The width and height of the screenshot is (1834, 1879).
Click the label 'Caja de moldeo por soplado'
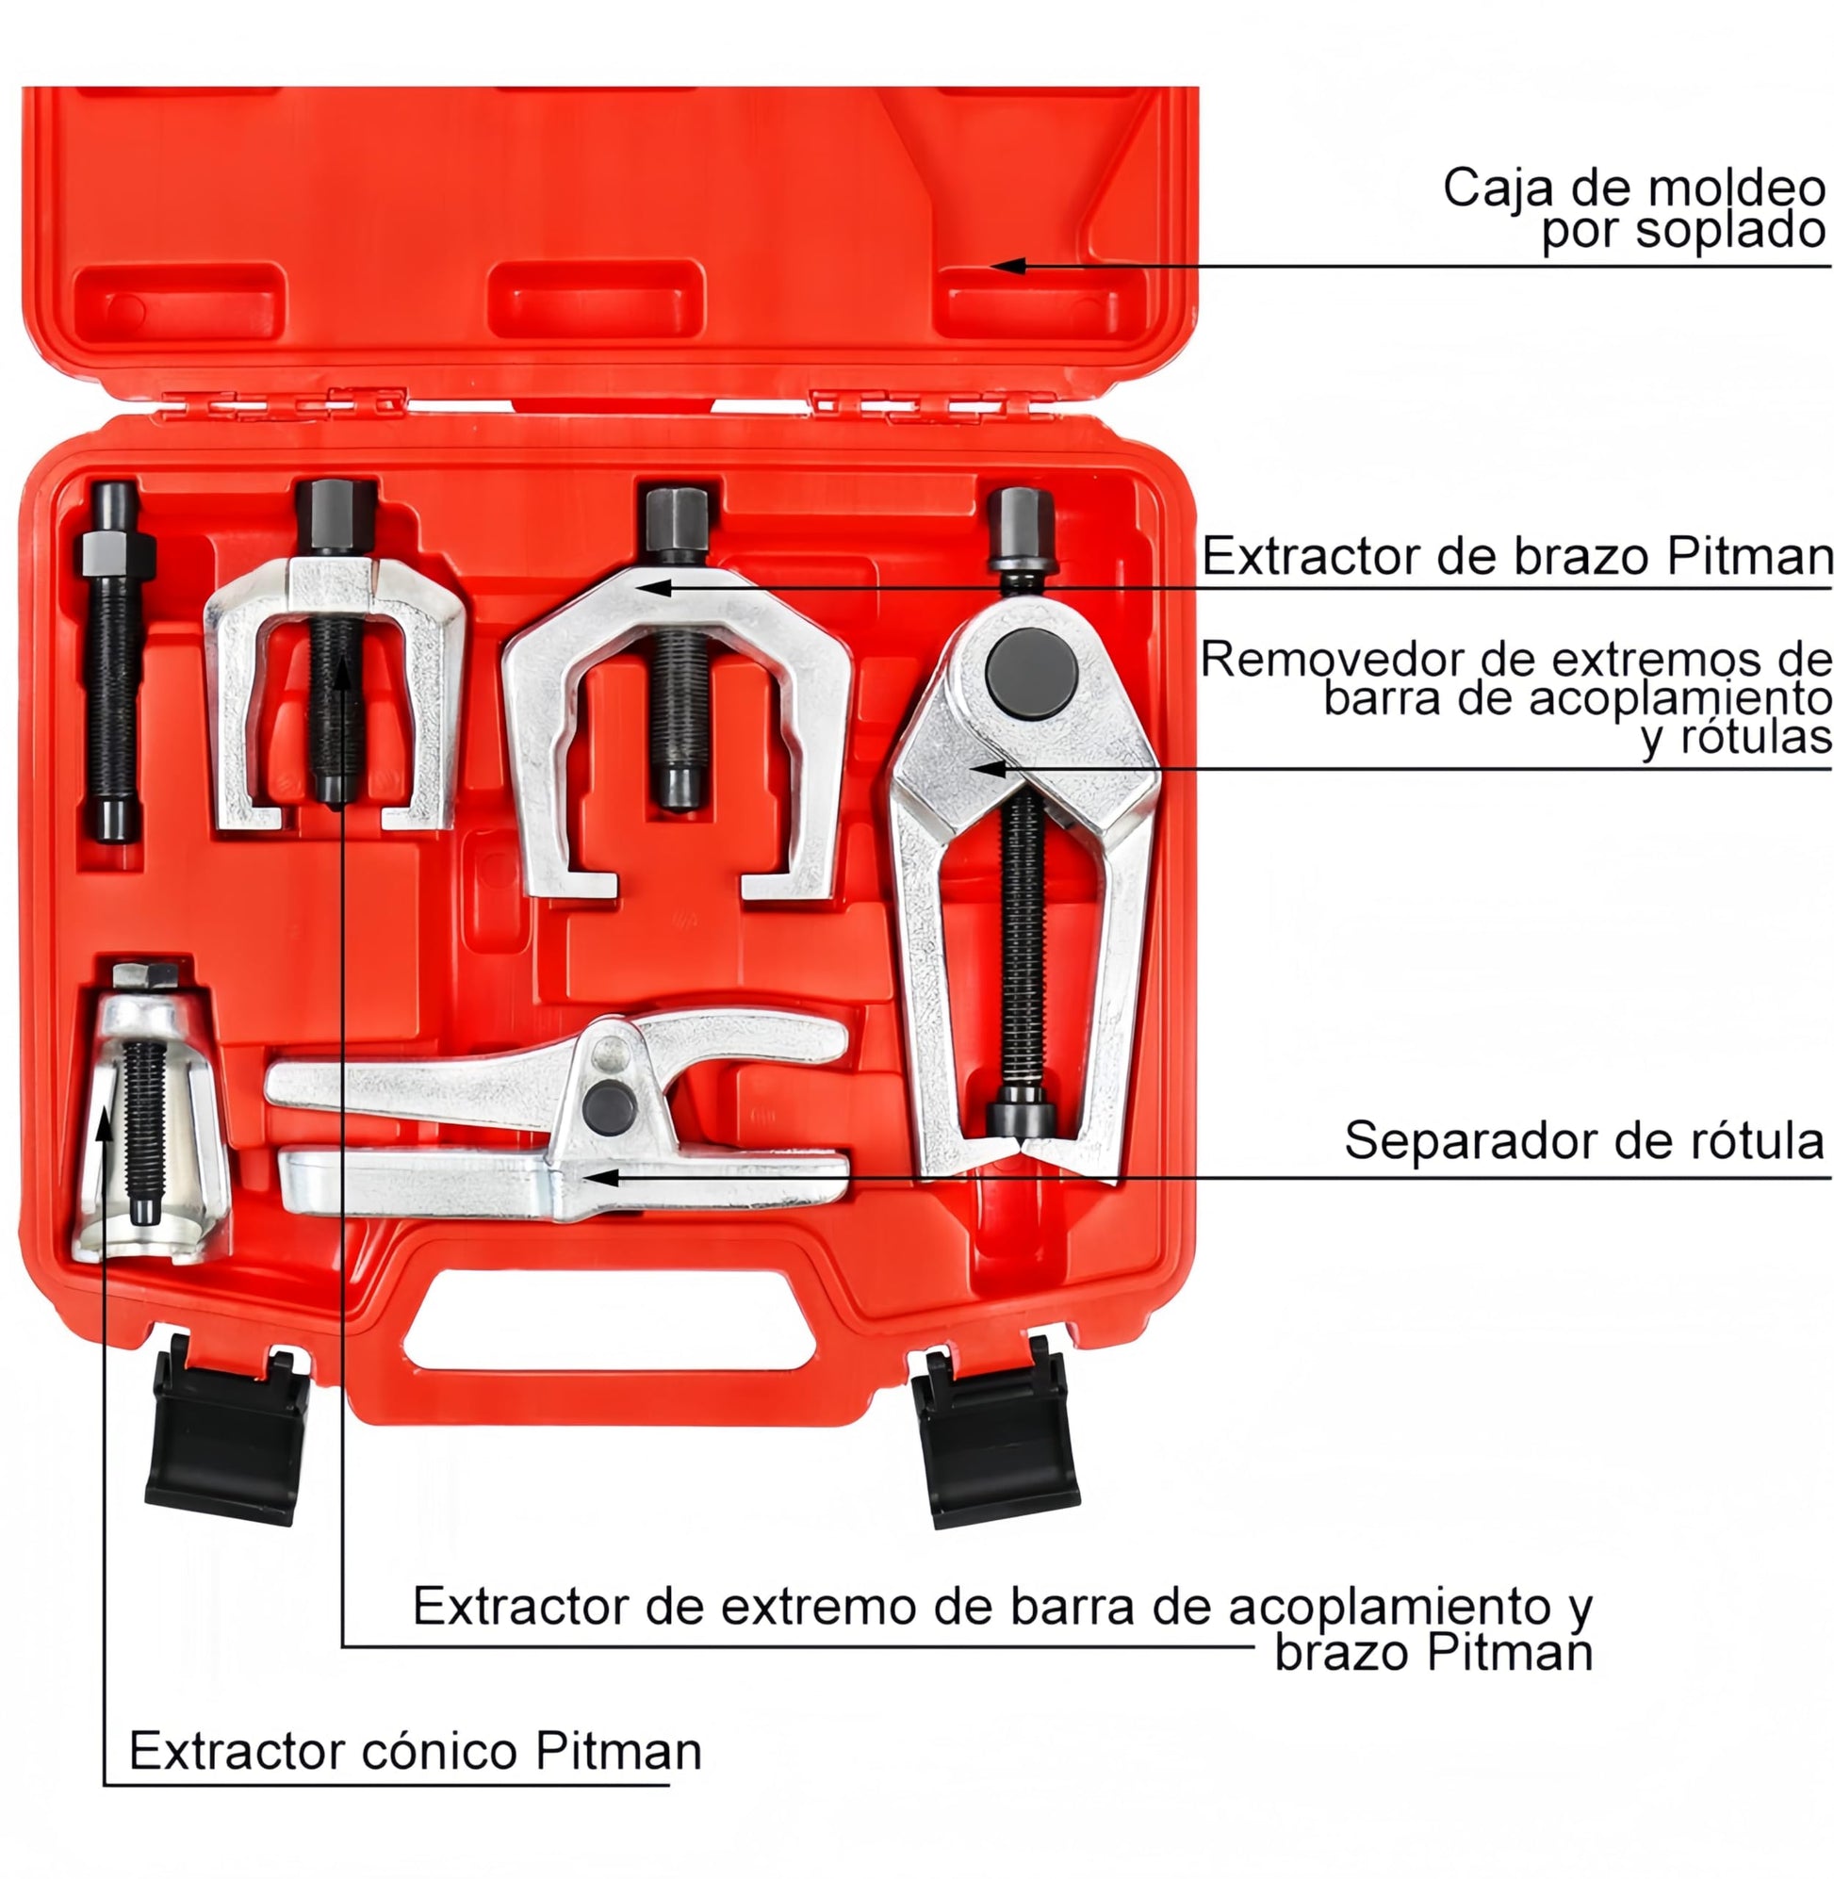pyautogui.click(x=1634, y=209)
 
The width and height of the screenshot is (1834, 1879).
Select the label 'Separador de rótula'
pyautogui.click(x=1584, y=1140)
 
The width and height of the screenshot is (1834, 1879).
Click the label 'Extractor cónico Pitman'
pyautogui.click(x=416, y=1751)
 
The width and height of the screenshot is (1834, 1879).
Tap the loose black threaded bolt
pyautogui.click(x=115, y=662)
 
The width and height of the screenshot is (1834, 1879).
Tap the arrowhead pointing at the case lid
pyautogui.click(x=1007, y=265)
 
